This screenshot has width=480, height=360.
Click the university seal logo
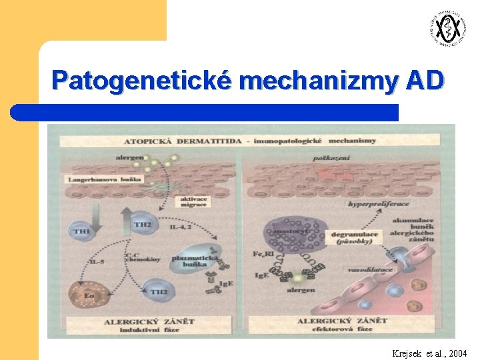pyautogui.click(x=446, y=29)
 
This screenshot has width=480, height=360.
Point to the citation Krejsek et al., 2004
pyautogui.click(x=430, y=353)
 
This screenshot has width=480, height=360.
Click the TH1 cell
pyautogui.click(x=81, y=231)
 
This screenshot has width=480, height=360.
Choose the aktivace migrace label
pyautogui.click(x=194, y=201)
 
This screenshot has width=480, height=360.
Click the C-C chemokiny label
pyautogui.click(x=142, y=256)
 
